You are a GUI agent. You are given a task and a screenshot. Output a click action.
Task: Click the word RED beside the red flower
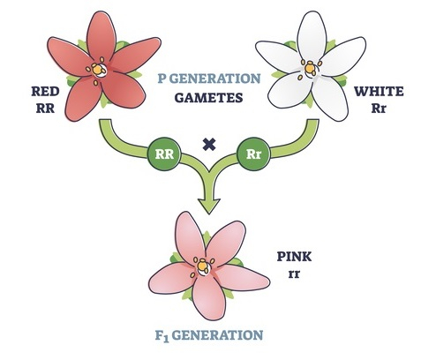click(x=45, y=92)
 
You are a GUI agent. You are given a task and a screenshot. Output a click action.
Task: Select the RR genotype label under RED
click(x=45, y=109)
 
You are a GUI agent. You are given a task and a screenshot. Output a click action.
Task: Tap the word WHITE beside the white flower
click(x=379, y=92)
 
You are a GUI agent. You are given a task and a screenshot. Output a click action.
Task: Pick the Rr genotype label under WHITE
click(x=379, y=109)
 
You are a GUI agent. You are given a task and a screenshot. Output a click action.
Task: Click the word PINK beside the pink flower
click(x=294, y=257)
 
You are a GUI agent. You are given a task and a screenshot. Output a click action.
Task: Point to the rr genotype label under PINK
click(x=294, y=274)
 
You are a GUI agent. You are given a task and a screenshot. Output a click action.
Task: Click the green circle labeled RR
click(x=164, y=154)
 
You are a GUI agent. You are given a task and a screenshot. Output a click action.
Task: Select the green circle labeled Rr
click(x=253, y=154)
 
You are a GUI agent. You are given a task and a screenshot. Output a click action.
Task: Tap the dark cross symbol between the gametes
click(x=209, y=145)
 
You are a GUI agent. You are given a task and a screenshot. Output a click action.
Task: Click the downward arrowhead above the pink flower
click(x=209, y=206)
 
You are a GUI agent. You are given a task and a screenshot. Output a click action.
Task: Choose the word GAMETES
click(x=208, y=98)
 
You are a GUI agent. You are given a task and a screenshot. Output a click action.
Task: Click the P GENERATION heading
click(x=209, y=79)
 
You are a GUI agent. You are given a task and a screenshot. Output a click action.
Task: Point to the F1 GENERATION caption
click(x=209, y=335)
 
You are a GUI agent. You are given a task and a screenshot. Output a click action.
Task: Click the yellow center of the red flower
click(x=97, y=70)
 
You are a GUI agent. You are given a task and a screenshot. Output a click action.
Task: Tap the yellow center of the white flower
click(x=310, y=68)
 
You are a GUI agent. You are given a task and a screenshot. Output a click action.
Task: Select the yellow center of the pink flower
click(x=202, y=266)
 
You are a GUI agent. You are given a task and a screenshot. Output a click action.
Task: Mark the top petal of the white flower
click(x=311, y=36)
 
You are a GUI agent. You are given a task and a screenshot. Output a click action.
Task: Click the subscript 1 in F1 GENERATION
click(x=166, y=340)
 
